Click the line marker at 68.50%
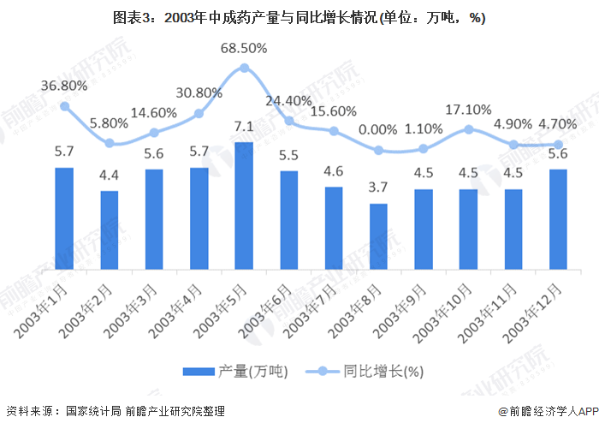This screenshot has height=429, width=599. (x=244, y=68)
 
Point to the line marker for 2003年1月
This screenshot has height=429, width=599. (x=64, y=106)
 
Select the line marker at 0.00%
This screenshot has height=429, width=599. (x=379, y=151)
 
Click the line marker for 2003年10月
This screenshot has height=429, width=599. (x=469, y=129)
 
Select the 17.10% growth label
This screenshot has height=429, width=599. (x=469, y=110)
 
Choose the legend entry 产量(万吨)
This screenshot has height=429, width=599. (x=235, y=371)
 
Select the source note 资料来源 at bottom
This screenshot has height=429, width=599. (x=115, y=412)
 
